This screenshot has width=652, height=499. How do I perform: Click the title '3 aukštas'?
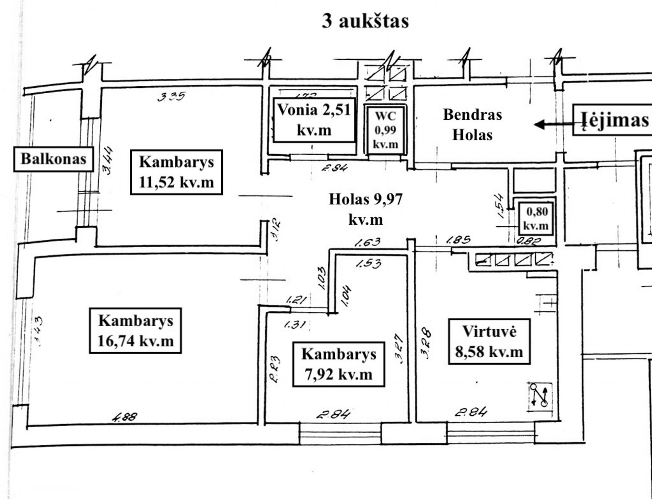pos(365,21)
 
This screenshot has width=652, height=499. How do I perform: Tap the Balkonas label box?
pos(54,159)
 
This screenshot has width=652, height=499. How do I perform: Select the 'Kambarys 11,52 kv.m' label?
pos(176,172)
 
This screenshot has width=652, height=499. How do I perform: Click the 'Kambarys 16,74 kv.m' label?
pos(135,331)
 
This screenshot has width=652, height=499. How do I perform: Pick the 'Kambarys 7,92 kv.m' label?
pos(338,364)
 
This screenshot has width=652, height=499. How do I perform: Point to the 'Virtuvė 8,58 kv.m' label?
pos(489,342)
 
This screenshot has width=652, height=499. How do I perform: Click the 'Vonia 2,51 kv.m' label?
pos(314,120)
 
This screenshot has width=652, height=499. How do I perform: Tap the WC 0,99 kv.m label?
pos(385,130)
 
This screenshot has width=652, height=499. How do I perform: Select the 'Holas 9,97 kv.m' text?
pos(365,209)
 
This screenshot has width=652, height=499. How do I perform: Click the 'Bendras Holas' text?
pos(473,124)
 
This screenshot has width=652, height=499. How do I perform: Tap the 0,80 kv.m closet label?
pos(537,218)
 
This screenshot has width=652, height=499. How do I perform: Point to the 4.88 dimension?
pos(125,417)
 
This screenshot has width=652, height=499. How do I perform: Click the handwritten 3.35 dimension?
pos(171,96)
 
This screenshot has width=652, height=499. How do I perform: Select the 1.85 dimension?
pos(458,240)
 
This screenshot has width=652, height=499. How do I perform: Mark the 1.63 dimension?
pos(367,242)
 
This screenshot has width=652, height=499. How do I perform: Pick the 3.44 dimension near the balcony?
pos(107,161)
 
